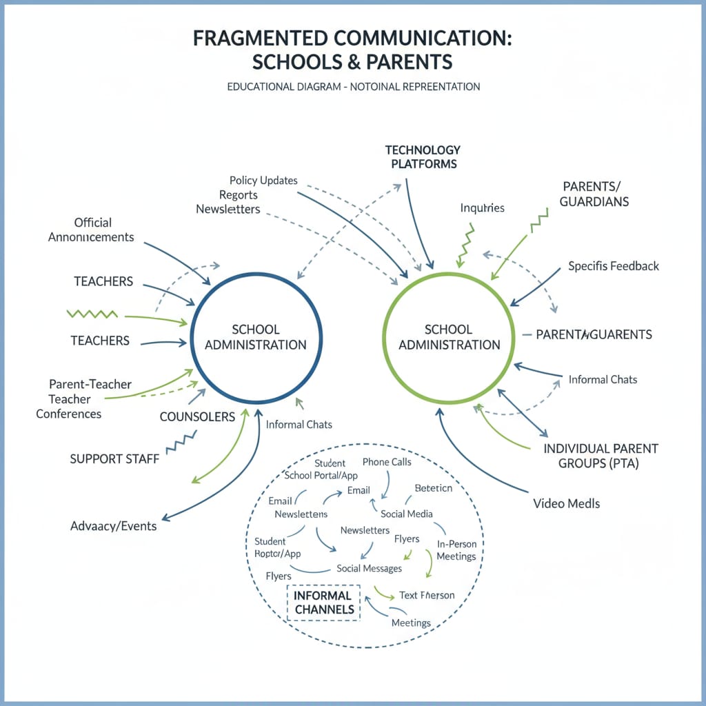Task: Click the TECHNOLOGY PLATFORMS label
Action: pyautogui.click(x=423, y=157)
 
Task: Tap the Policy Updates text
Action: pyautogui.click(x=263, y=181)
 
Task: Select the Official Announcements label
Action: pyautogui.click(x=92, y=230)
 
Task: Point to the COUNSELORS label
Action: pyautogui.click(x=197, y=416)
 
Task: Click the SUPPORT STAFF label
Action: pyautogui.click(x=114, y=458)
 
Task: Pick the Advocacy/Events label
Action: pyautogui.click(x=113, y=526)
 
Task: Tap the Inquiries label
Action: pyautogui.click(x=482, y=208)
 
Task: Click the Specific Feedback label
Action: pyautogui.click(x=614, y=266)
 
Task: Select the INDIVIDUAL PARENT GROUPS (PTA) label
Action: pyautogui.click(x=601, y=456)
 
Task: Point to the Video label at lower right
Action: pyautogui.click(x=566, y=503)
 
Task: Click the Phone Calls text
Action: pyautogui.click(x=386, y=462)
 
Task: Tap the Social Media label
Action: pyautogui.click(x=407, y=514)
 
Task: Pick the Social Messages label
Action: pyautogui.click(x=369, y=568)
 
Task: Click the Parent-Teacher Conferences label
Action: pyautogui.click(x=80, y=399)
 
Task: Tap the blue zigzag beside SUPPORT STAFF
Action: pyautogui.click(x=181, y=441)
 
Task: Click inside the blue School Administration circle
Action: pyautogui.click(x=256, y=336)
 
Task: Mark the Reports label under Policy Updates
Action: pyautogui.click(x=239, y=195)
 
